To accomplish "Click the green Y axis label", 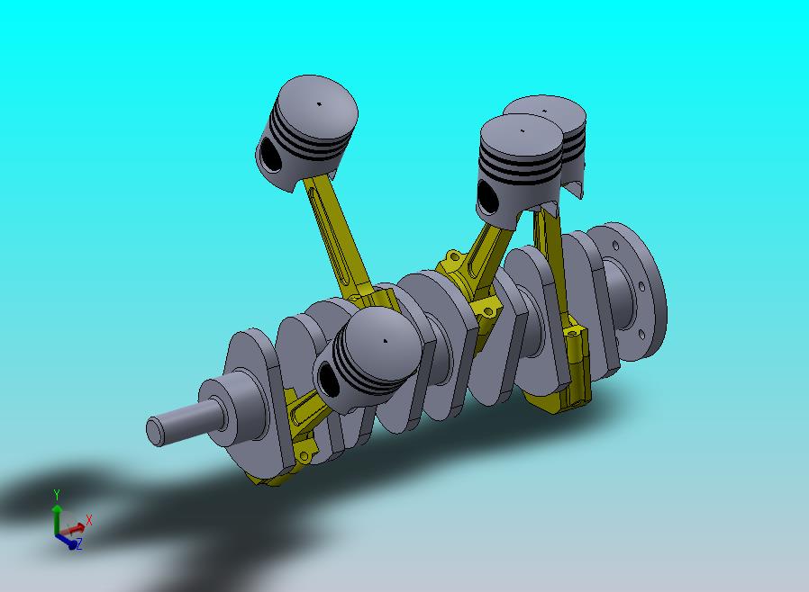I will click(57, 494).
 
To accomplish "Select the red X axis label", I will click(89, 520).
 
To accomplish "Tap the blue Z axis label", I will click(79, 544).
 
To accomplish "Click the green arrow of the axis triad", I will click(57, 513).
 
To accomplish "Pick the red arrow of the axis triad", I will click(76, 526).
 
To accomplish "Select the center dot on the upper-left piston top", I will click(318, 103).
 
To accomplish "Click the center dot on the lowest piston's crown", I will click(385, 341).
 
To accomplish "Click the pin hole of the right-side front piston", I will click(487, 197).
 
